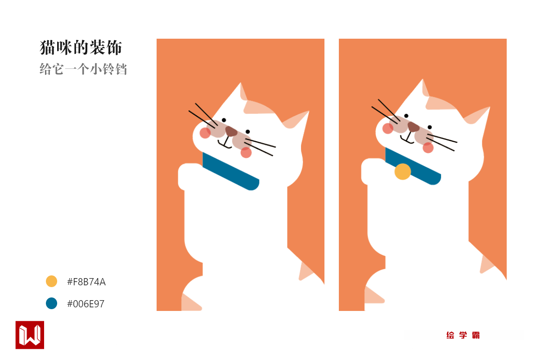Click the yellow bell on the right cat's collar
[x=403, y=172]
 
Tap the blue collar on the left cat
[x=231, y=171]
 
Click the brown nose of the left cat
[x=231, y=131]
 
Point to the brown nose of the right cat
[x=413, y=126]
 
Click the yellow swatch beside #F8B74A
[x=51, y=281]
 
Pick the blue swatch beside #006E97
[x=51, y=303]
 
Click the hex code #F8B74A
[x=86, y=282]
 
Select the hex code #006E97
[x=85, y=304]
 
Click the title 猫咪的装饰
[x=81, y=48]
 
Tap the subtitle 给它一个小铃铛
[x=83, y=69]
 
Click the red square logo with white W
[x=30, y=335]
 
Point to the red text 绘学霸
[x=463, y=335]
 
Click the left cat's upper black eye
[x=224, y=120]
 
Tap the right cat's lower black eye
[x=430, y=127]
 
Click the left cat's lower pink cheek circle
[x=246, y=153]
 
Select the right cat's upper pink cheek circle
[x=387, y=128]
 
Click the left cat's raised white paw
[x=189, y=176]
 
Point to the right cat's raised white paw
[x=373, y=171]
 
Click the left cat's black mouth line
[x=225, y=143]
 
